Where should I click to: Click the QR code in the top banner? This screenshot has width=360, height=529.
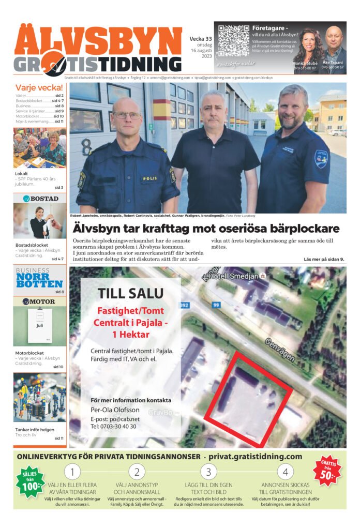(x=233, y=40)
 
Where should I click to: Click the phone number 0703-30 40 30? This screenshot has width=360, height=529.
(x=113, y=427)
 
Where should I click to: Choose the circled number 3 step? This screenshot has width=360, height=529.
(x=208, y=471)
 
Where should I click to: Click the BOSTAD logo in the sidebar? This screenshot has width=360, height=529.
(x=40, y=199)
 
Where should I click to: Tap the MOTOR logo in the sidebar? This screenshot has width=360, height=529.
(x=40, y=301)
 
